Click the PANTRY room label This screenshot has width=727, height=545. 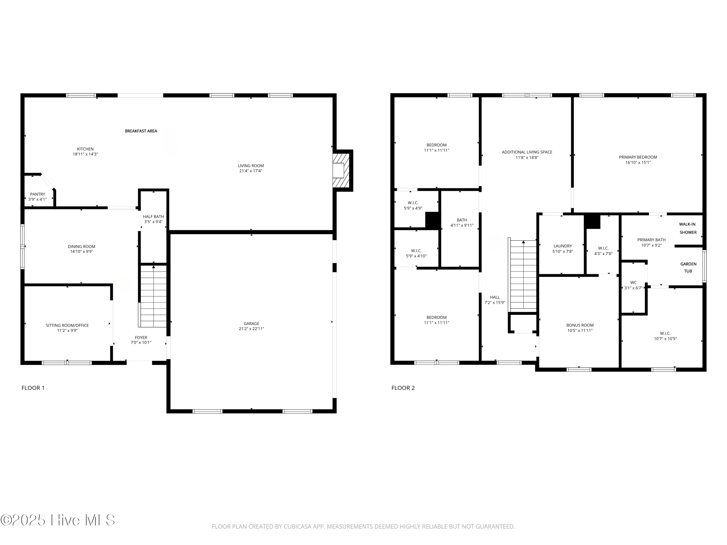pos(38,194)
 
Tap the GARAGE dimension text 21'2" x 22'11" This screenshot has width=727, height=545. pos(252,328)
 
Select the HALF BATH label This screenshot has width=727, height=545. pos(153,217)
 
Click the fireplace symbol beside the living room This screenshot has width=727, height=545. pos(340,171)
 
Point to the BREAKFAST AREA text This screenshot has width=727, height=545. pos(141,131)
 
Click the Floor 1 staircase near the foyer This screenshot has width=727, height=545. pos(153,296)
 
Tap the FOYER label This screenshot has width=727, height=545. pos(141,337)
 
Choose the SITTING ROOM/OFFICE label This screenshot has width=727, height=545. pos(67,325)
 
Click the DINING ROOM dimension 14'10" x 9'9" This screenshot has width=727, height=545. pos(81,252)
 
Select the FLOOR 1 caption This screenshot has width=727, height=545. pos(33,388)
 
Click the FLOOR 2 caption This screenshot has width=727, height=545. pos(403,388)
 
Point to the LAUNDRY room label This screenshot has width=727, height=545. pos(563,246)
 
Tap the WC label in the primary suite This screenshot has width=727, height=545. pos(633,282)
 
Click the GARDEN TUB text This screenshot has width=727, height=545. pos(688,267)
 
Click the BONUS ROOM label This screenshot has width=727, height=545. pos(580,325)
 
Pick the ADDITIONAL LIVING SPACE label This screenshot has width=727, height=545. pos(527,152)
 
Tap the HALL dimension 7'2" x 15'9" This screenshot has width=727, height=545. pos(495,303)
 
